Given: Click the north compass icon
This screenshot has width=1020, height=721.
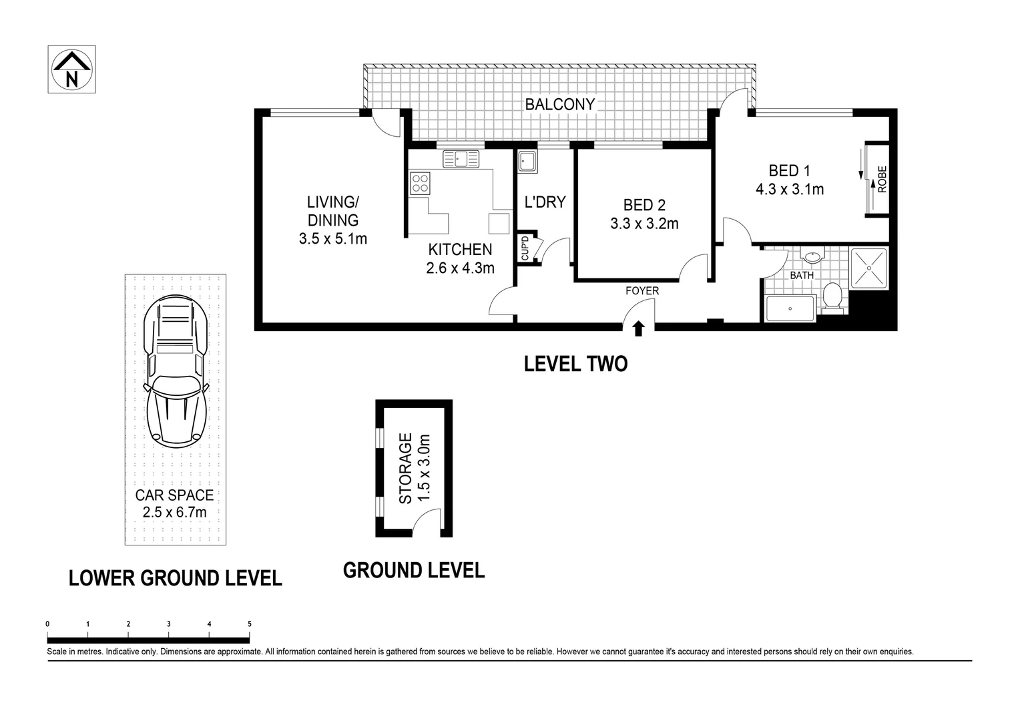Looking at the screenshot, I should [71, 69].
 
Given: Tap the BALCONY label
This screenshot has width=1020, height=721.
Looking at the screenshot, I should [559, 105].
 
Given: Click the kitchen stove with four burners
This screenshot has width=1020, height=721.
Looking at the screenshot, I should [421, 183].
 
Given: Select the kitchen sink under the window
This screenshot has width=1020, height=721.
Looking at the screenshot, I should [461, 159].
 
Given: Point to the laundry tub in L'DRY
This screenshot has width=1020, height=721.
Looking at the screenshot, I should [527, 162].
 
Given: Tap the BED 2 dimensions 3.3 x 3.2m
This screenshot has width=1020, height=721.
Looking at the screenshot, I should [644, 224].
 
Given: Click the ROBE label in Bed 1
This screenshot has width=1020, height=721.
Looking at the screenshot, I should [882, 179].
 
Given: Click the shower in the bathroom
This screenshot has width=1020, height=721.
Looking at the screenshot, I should [869, 268].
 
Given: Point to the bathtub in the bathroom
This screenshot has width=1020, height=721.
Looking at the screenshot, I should [790, 309].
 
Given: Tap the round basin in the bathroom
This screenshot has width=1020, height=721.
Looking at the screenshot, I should [812, 256].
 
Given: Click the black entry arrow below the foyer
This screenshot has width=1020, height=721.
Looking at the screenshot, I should [638, 328].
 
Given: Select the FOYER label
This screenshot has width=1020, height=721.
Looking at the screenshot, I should [642, 291].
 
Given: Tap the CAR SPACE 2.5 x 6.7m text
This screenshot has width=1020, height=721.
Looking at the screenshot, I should [174, 504].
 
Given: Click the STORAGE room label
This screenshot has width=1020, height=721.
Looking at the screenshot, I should [414, 469].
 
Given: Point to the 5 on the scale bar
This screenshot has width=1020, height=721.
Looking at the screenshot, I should [250, 624].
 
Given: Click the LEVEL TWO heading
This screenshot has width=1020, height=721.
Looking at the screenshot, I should [575, 365].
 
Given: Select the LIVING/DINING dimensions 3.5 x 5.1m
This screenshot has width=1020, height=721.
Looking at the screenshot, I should [333, 238].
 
